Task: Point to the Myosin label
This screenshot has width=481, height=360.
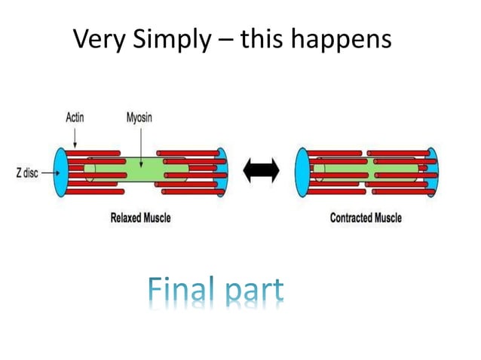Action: (x=139, y=118)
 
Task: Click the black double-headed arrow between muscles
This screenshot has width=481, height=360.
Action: (x=262, y=172)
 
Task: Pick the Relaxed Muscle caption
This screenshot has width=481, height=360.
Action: (x=139, y=218)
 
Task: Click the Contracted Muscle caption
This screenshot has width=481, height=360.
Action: (x=366, y=218)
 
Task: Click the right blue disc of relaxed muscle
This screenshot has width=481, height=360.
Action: (x=222, y=171)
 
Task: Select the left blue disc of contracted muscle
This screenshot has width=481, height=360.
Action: (x=300, y=171)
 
